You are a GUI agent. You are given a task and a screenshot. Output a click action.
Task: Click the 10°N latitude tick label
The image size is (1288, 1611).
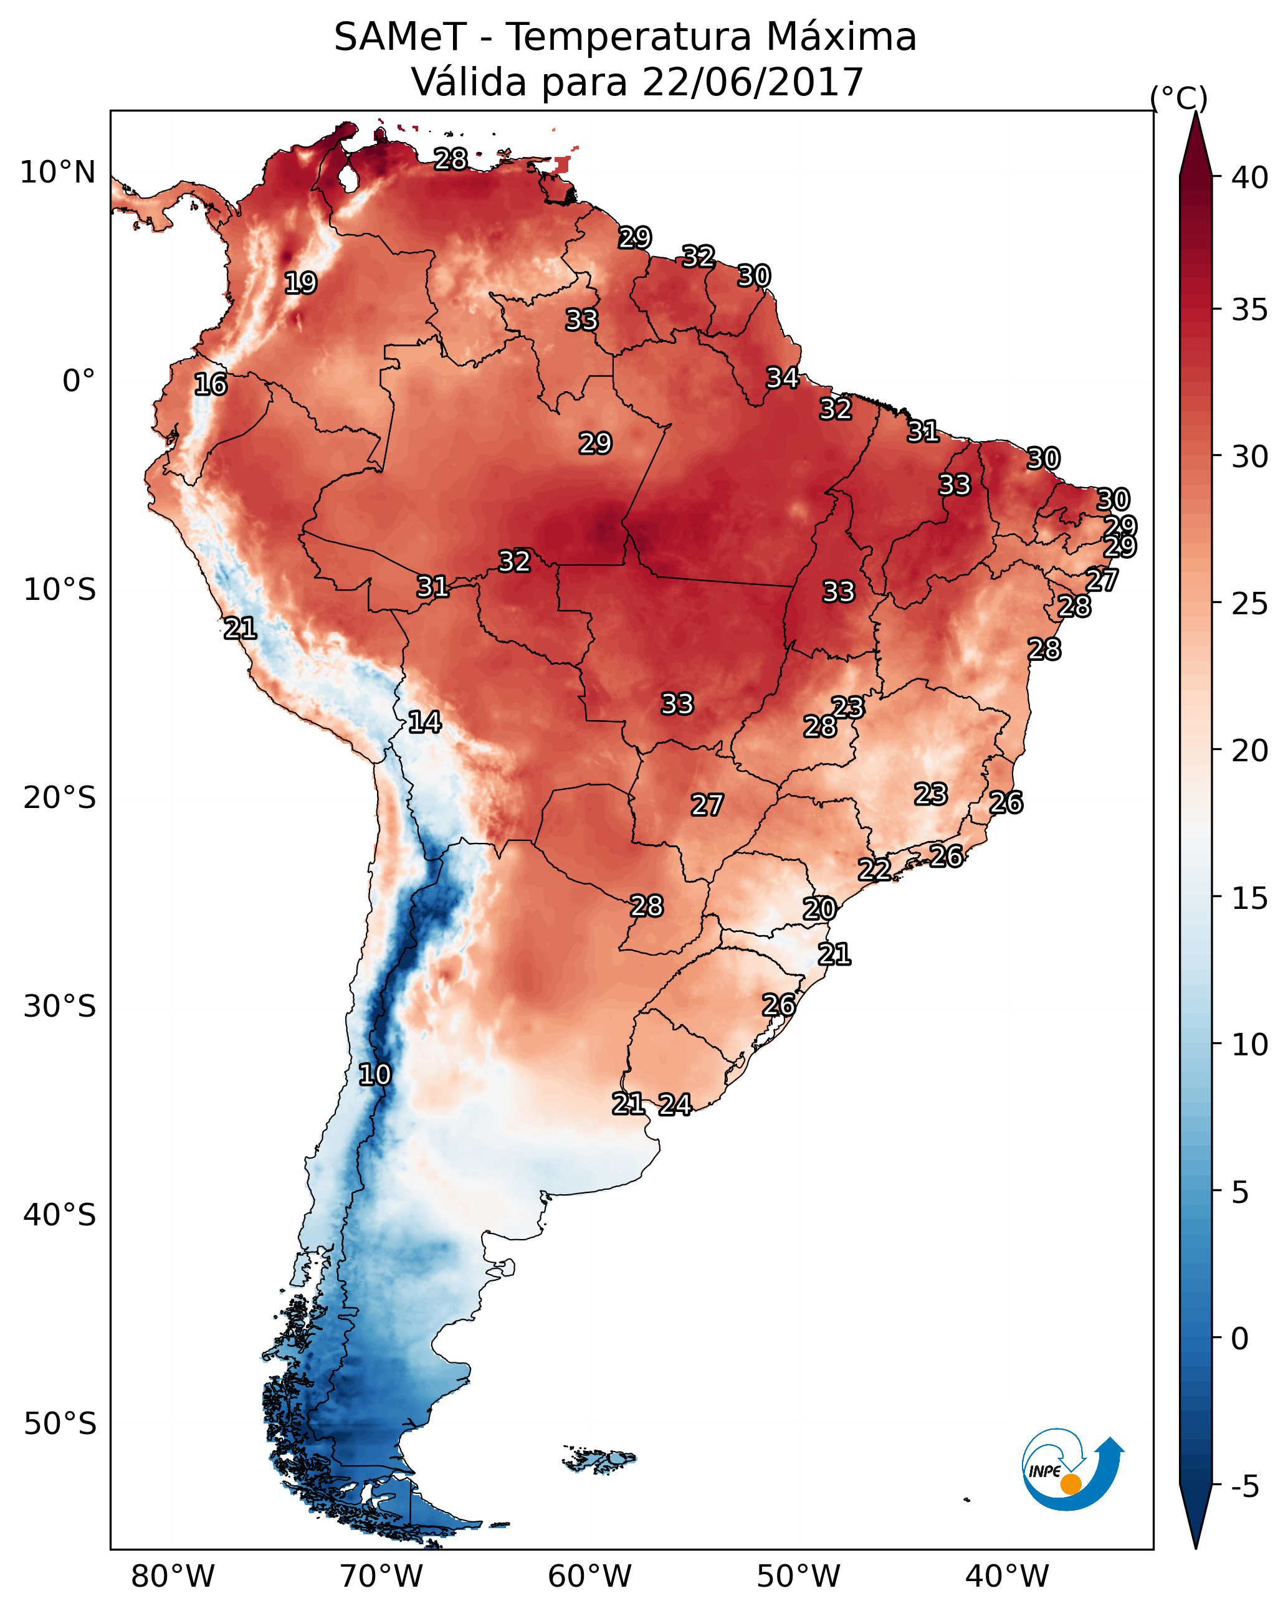pyautogui.click(x=57, y=173)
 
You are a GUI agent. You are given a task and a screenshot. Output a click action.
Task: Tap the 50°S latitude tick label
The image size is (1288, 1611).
pyautogui.click(x=60, y=1424)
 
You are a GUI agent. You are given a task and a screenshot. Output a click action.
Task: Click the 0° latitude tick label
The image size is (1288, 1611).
pyautogui.click(x=79, y=381)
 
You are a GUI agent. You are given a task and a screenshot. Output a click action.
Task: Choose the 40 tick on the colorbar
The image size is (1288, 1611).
pyautogui.click(x=1250, y=178)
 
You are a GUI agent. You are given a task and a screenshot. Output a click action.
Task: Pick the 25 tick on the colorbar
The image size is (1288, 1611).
pyautogui.click(x=1250, y=604)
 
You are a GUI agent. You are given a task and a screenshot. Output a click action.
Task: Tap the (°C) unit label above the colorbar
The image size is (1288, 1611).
pyautogui.click(x=1178, y=98)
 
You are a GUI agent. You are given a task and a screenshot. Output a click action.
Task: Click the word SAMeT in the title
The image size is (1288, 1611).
pyautogui.click(x=400, y=37)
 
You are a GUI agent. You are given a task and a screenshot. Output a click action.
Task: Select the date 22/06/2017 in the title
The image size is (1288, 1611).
pyautogui.click(x=753, y=82)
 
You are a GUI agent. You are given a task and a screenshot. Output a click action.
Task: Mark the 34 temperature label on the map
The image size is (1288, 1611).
pyautogui.click(x=782, y=378)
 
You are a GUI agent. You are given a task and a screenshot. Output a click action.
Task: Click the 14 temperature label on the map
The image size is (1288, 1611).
pyautogui.click(x=424, y=722)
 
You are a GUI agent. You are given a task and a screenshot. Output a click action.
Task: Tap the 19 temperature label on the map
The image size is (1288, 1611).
pyautogui.click(x=300, y=283)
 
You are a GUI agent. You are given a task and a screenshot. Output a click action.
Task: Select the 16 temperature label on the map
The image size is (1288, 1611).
pyautogui.click(x=210, y=385)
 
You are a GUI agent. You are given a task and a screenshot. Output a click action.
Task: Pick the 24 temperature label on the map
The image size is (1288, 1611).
pyautogui.click(x=675, y=1105)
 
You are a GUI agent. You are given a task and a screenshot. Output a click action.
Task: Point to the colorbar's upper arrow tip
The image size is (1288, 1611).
pyautogui.click(x=1195, y=116)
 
